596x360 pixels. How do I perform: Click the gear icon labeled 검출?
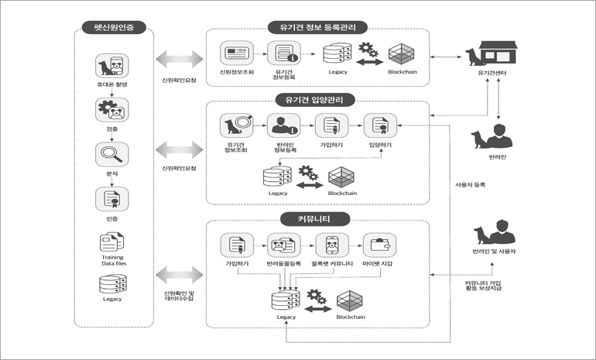tap(111, 110)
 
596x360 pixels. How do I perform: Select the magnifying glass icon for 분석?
tap(111, 154)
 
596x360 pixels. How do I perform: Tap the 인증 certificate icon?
tap(111, 199)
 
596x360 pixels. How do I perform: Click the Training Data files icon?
tap(111, 243)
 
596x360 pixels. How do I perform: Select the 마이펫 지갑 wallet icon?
tap(379, 245)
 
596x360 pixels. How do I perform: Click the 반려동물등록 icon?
tap(283, 245)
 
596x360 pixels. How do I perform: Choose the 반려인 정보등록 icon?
tap(283, 125)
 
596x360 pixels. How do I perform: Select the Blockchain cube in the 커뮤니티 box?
tap(351, 299)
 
